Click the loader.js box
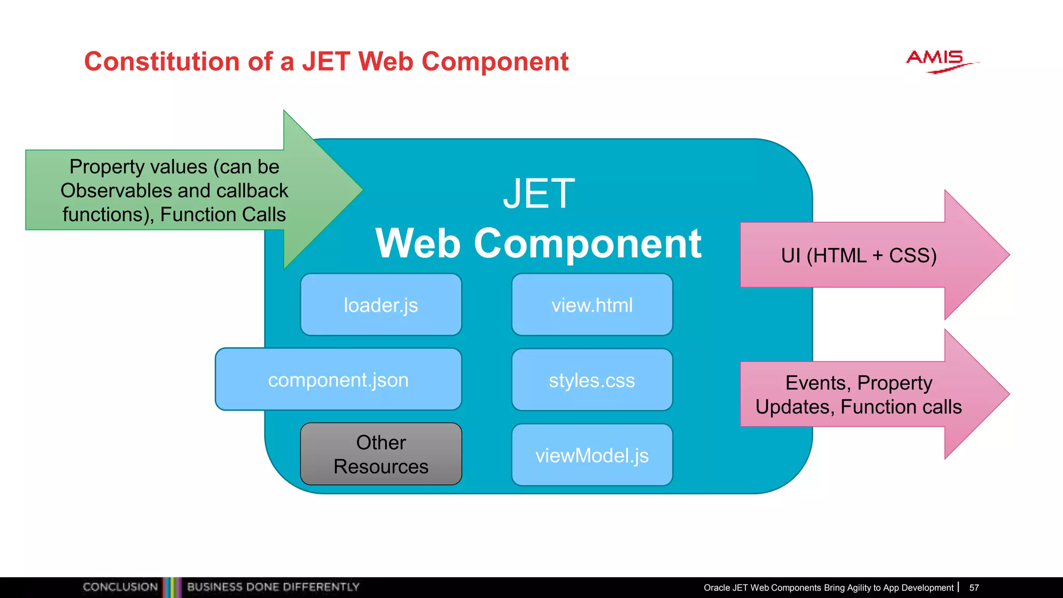coord(380,305)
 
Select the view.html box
coord(592,305)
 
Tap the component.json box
coord(338,379)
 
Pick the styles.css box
coord(592,380)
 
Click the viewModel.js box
coord(592,455)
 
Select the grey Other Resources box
coord(380,454)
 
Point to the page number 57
coord(974,588)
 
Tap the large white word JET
coord(539,194)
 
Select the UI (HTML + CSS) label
coord(858,255)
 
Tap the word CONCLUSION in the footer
coord(120,587)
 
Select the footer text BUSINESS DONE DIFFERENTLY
coord(273,587)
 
